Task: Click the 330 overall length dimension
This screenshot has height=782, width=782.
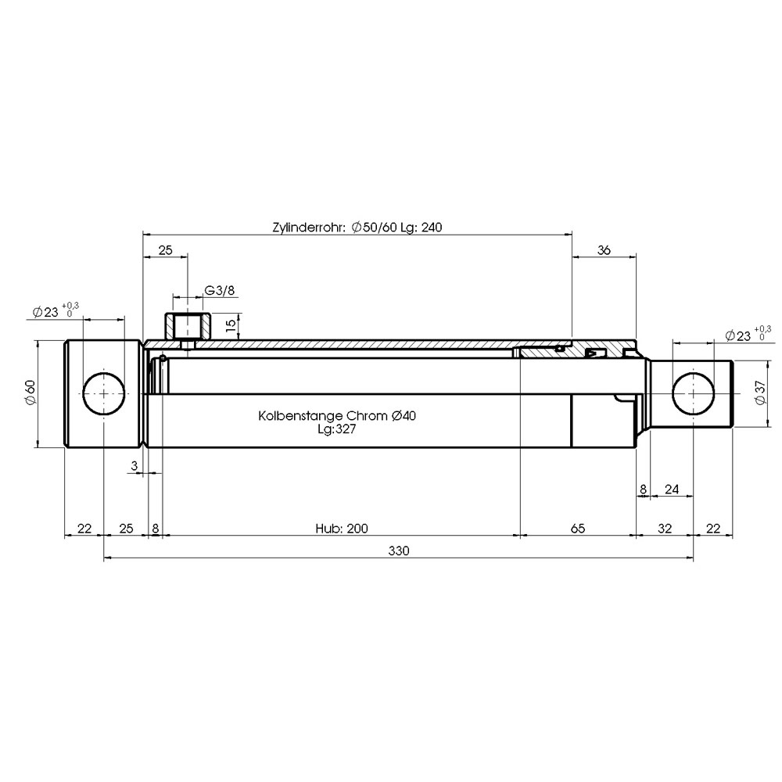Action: point(399,551)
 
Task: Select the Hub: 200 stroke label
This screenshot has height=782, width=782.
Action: point(342,528)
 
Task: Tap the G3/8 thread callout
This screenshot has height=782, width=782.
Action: point(220,290)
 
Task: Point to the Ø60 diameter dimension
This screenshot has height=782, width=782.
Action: point(30,393)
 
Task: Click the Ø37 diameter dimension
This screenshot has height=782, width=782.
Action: point(759,393)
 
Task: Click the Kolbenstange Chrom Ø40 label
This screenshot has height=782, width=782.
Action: point(337,415)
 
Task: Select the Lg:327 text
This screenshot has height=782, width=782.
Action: point(337,429)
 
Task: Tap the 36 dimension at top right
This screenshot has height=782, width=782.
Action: point(604,250)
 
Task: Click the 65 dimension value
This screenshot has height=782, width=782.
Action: point(578,528)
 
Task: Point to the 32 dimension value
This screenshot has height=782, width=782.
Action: point(665,528)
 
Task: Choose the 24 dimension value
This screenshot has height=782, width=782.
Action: point(672,490)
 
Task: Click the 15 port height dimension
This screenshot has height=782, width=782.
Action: point(231,325)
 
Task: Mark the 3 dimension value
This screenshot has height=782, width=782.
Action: point(135,466)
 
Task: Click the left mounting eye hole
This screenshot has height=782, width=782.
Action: point(103,393)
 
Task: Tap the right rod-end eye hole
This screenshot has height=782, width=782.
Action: point(693,393)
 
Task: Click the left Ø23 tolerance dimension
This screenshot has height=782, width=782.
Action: point(56,310)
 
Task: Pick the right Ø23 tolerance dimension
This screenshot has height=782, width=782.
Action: point(748,334)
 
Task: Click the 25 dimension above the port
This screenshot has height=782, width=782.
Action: point(165,250)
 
